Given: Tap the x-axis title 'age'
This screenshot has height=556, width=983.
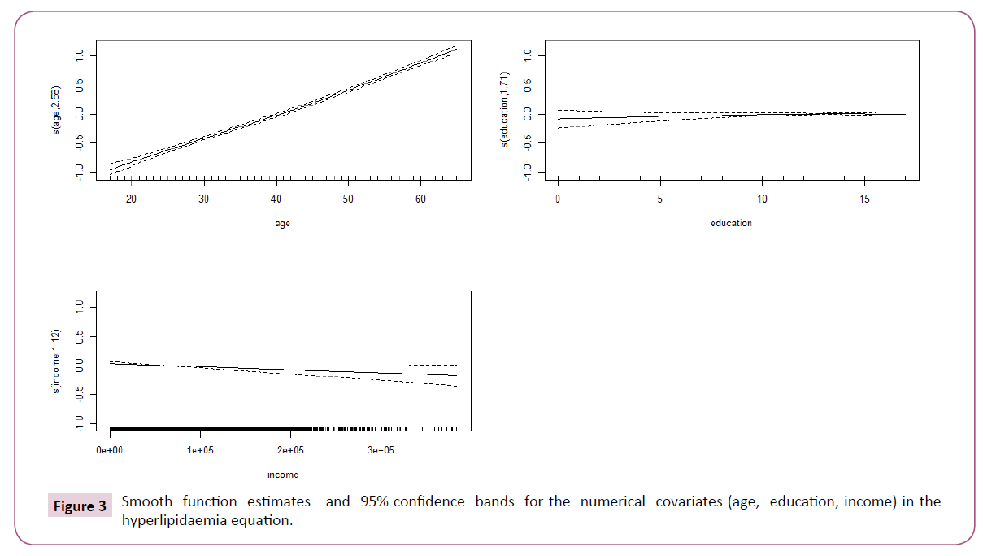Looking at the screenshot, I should (282, 224).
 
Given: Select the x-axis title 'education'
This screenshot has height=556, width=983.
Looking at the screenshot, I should (731, 223).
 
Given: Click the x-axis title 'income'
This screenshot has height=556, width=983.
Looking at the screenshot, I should (282, 475).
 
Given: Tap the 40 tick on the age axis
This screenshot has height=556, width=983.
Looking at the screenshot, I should (276, 199).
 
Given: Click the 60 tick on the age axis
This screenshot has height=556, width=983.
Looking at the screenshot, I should (420, 199).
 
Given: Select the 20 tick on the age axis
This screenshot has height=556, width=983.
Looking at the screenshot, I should (132, 199).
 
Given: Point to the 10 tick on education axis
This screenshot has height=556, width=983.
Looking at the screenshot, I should (762, 199).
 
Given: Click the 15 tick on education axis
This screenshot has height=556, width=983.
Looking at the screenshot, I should (863, 199).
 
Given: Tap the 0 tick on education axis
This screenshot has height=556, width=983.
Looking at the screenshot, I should (558, 199).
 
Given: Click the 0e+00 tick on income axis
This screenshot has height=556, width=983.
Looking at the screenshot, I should (110, 449).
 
